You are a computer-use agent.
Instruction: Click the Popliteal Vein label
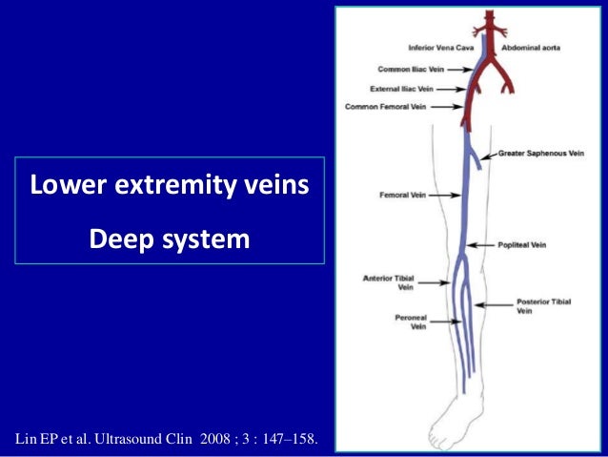(523, 244)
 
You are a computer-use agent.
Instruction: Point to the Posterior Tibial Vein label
(544, 306)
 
